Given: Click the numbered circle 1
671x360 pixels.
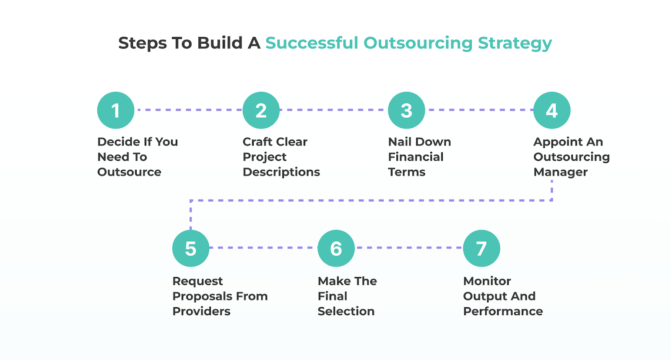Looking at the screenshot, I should click(x=116, y=110).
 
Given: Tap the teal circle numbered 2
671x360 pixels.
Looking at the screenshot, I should click(x=261, y=110).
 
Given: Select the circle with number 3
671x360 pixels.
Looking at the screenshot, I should click(x=406, y=110).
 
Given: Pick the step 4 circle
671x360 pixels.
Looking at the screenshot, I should click(x=551, y=110).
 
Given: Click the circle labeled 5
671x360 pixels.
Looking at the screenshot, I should click(x=191, y=248).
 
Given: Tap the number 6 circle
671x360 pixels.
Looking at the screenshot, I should click(x=336, y=248).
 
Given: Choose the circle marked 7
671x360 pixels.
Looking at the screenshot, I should click(x=481, y=248).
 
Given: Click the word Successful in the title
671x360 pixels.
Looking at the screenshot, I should click(x=312, y=43).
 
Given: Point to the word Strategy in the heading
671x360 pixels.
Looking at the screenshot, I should click(x=515, y=43).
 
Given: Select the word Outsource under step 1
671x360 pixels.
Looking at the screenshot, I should click(x=129, y=172).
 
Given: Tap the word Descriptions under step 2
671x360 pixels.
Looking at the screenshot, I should click(x=281, y=172).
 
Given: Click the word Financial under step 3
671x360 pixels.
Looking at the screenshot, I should click(x=416, y=157).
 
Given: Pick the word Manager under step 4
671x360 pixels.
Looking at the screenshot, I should click(x=560, y=172).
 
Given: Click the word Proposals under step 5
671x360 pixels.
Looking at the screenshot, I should click(x=202, y=296).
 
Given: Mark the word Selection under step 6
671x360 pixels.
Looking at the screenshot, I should click(x=346, y=311).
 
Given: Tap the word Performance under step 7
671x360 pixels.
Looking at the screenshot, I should click(x=503, y=311).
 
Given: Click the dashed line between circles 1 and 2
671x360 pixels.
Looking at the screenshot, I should click(x=188, y=110).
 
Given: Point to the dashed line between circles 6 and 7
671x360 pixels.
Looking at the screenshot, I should click(x=409, y=248).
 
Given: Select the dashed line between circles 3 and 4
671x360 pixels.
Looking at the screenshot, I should click(x=479, y=110).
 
